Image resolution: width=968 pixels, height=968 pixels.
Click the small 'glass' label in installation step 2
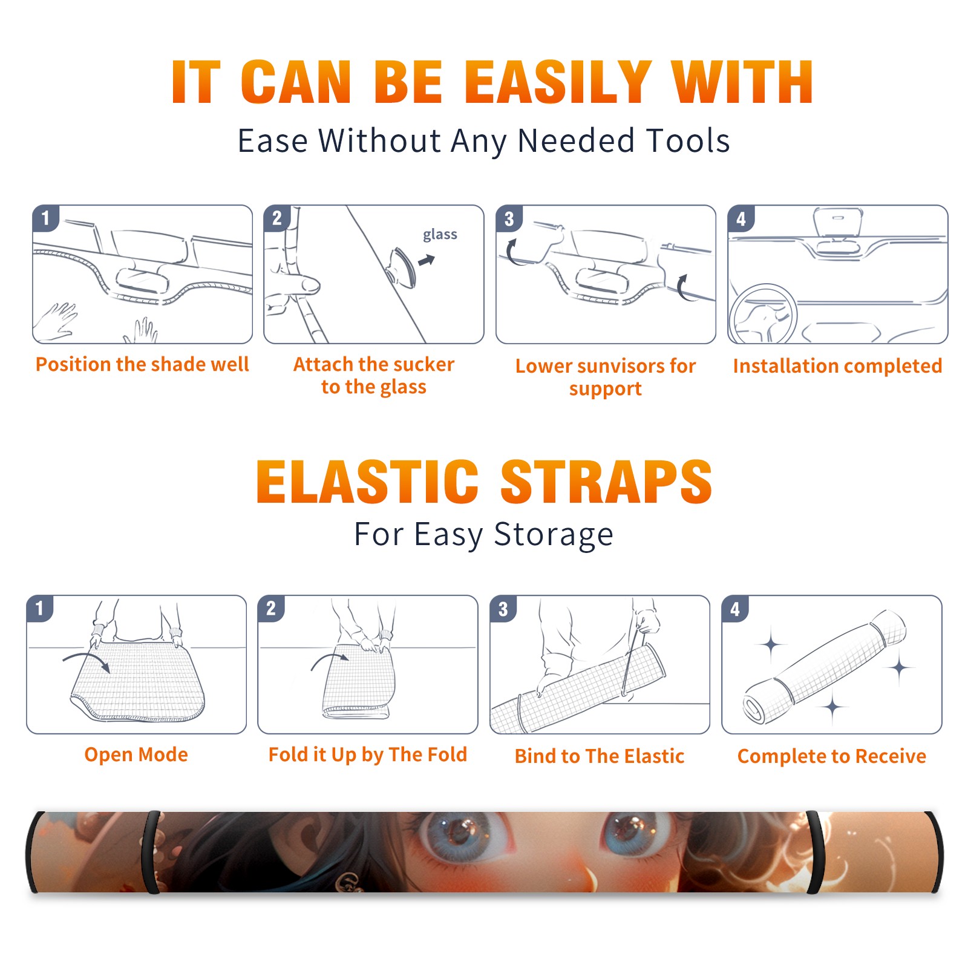[440, 235]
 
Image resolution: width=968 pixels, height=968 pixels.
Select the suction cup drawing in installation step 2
[401, 266]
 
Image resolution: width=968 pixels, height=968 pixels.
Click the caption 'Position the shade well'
[142, 364]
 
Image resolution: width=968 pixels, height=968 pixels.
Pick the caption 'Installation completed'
[837, 365]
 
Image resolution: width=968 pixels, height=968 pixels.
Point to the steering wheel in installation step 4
[763, 315]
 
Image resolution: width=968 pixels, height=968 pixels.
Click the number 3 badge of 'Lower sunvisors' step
[509, 218]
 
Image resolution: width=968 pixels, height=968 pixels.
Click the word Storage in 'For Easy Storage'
[554, 535]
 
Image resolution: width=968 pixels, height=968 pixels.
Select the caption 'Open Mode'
[136, 754]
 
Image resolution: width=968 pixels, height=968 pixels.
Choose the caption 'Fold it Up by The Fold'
[368, 754]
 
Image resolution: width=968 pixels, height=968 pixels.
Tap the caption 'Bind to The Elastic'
[600, 756]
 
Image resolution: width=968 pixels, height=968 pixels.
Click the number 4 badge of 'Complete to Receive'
[735, 609]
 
